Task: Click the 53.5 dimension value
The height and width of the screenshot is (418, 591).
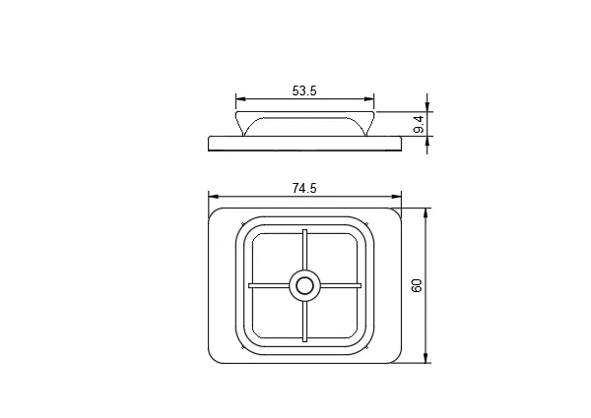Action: (x=304, y=90)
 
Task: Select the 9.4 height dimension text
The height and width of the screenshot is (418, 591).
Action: (x=419, y=124)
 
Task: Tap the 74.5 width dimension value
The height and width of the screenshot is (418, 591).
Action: (x=304, y=188)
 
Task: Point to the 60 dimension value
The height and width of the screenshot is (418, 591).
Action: (x=417, y=286)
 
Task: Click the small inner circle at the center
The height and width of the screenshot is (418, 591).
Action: (x=304, y=286)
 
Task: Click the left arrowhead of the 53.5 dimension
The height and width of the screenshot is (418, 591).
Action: (x=240, y=99)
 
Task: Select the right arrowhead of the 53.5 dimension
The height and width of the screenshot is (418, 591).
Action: (x=369, y=99)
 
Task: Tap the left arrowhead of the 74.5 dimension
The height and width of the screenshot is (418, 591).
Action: (x=214, y=197)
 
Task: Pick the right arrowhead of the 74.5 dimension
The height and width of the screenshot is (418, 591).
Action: (x=397, y=197)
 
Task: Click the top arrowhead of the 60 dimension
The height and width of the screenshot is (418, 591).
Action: (x=426, y=212)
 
